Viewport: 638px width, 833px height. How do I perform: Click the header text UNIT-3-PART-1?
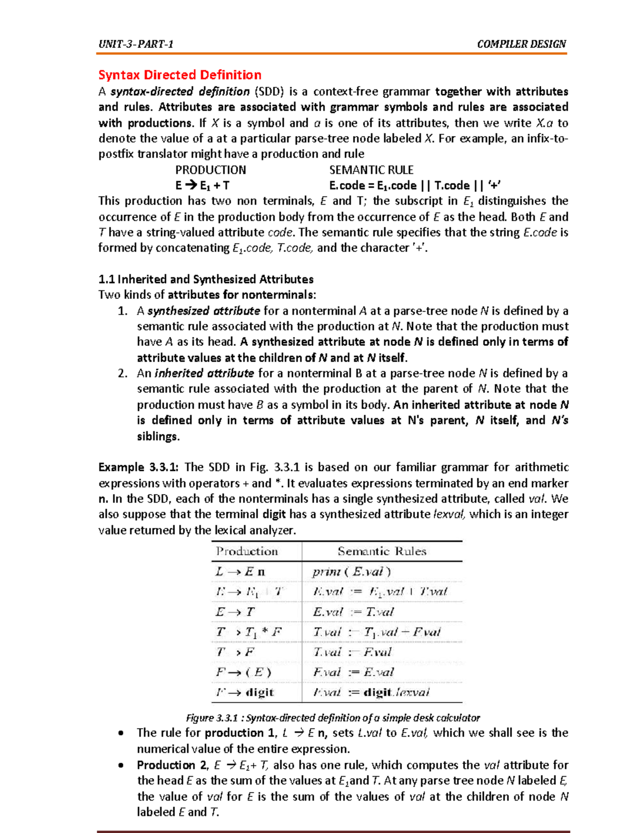click(x=136, y=44)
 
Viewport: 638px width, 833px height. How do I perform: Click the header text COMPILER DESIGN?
click(x=521, y=44)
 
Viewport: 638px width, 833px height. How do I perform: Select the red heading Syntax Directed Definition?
click(x=180, y=75)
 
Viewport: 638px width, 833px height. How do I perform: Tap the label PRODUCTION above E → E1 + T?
click(x=211, y=170)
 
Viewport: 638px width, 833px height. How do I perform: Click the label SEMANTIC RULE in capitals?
click(x=371, y=170)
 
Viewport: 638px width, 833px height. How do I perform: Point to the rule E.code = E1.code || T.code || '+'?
click(x=415, y=186)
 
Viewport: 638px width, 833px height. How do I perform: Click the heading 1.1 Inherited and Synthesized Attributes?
click(x=206, y=279)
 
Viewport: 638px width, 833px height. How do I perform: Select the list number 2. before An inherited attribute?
click(x=123, y=373)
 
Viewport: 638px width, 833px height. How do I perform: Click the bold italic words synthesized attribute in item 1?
click(x=204, y=311)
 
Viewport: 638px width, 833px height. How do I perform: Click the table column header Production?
click(x=247, y=552)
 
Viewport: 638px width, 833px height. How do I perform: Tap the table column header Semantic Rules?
click(x=382, y=552)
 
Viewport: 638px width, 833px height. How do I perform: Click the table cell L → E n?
click(x=240, y=572)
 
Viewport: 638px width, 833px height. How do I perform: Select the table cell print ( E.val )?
click(x=351, y=572)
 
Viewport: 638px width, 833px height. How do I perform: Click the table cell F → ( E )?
click(x=244, y=672)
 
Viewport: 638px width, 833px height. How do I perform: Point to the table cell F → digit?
click(x=245, y=693)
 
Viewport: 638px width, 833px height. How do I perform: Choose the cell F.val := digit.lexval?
click(x=371, y=693)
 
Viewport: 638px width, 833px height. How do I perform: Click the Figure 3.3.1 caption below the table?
click(x=333, y=718)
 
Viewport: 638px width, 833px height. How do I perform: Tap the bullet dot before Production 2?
click(x=122, y=766)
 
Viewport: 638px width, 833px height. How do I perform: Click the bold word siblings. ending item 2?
click(x=158, y=437)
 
